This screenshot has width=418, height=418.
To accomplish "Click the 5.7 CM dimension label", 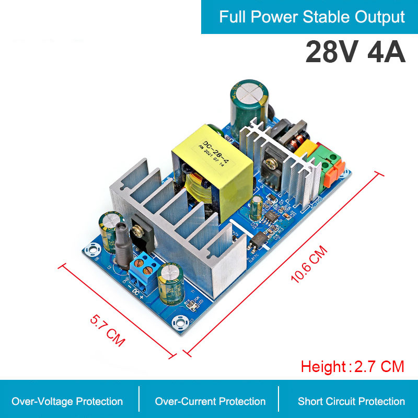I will pyautogui.click(x=108, y=331).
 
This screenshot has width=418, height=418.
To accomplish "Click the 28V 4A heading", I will pyautogui.click(x=355, y=53).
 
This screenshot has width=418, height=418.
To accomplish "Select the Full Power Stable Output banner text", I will pyautogui.click(x=312, y=17).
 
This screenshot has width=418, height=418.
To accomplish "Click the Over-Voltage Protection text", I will pyautogui.click(x=67, y=401).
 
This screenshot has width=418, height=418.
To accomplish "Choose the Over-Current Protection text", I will pyautogui.click(x=210, y=401).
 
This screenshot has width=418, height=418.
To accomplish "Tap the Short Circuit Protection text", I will pyautogui.click(x=351, y=401).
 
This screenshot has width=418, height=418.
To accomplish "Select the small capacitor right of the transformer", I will pyautogui.click(x=256, y=208).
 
